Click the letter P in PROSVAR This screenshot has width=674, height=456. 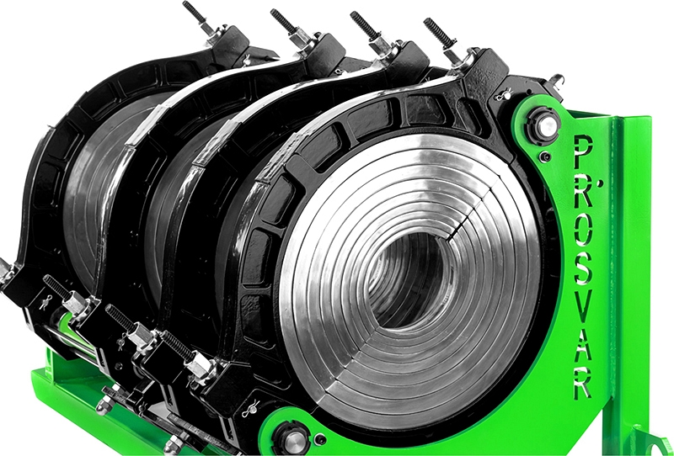pyautogui.click(x=583, y=151)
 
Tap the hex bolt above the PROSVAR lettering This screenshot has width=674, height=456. pyautogui.click(x=544, y=125)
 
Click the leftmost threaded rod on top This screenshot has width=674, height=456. pyautogui.click(x=195, y=13)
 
